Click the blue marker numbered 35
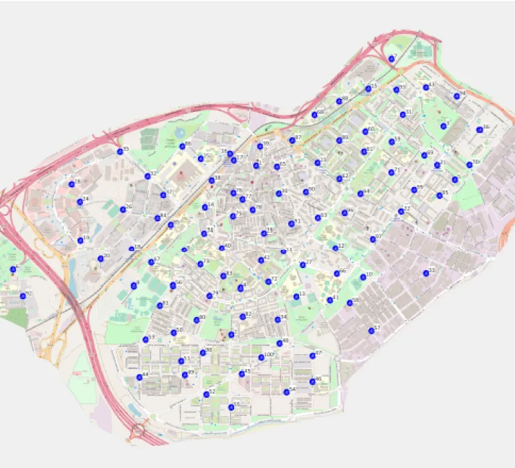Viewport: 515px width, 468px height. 120,152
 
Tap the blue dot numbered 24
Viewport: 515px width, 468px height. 80,201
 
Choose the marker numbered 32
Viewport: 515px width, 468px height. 148,177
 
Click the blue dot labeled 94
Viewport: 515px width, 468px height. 457,96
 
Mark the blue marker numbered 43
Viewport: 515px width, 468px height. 426,88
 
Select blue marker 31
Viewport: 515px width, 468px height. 403,114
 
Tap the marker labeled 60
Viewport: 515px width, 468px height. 366,132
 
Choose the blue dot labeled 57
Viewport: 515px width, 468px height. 371,330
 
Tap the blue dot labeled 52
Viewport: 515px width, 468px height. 206,394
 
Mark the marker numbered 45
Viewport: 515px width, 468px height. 241,374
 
